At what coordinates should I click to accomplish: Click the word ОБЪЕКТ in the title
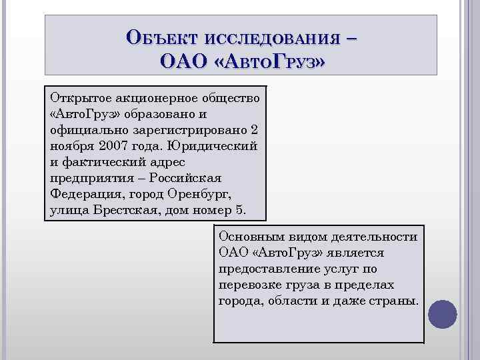[163, 37]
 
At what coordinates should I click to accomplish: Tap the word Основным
[245, 237]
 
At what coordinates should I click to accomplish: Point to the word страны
[395, 301]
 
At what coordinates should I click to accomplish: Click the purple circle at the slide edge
[442, 312]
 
